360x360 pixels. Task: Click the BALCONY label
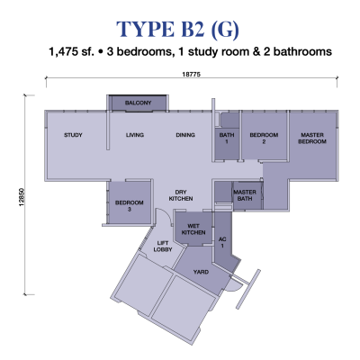point(139,103)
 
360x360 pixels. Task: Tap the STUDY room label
point(73,135)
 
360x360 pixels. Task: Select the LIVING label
point(135,135)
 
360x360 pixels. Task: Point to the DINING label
point(185,135)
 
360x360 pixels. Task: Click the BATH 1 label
point(227,138)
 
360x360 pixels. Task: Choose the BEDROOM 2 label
point(264,138)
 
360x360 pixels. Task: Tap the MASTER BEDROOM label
point(312,138)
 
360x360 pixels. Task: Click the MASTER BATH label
point(245,195)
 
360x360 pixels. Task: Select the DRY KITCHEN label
point(181,195)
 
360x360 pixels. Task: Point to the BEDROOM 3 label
point(130,206)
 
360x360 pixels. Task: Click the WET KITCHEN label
point(193,229)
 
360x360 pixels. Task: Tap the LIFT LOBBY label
point(163,247)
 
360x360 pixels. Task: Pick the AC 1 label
point(222,242)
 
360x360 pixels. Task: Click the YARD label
point(201,272)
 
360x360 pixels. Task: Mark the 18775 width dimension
point(191,75)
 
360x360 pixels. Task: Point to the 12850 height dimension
point(21,197)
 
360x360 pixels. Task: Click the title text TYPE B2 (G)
point(178,29)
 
